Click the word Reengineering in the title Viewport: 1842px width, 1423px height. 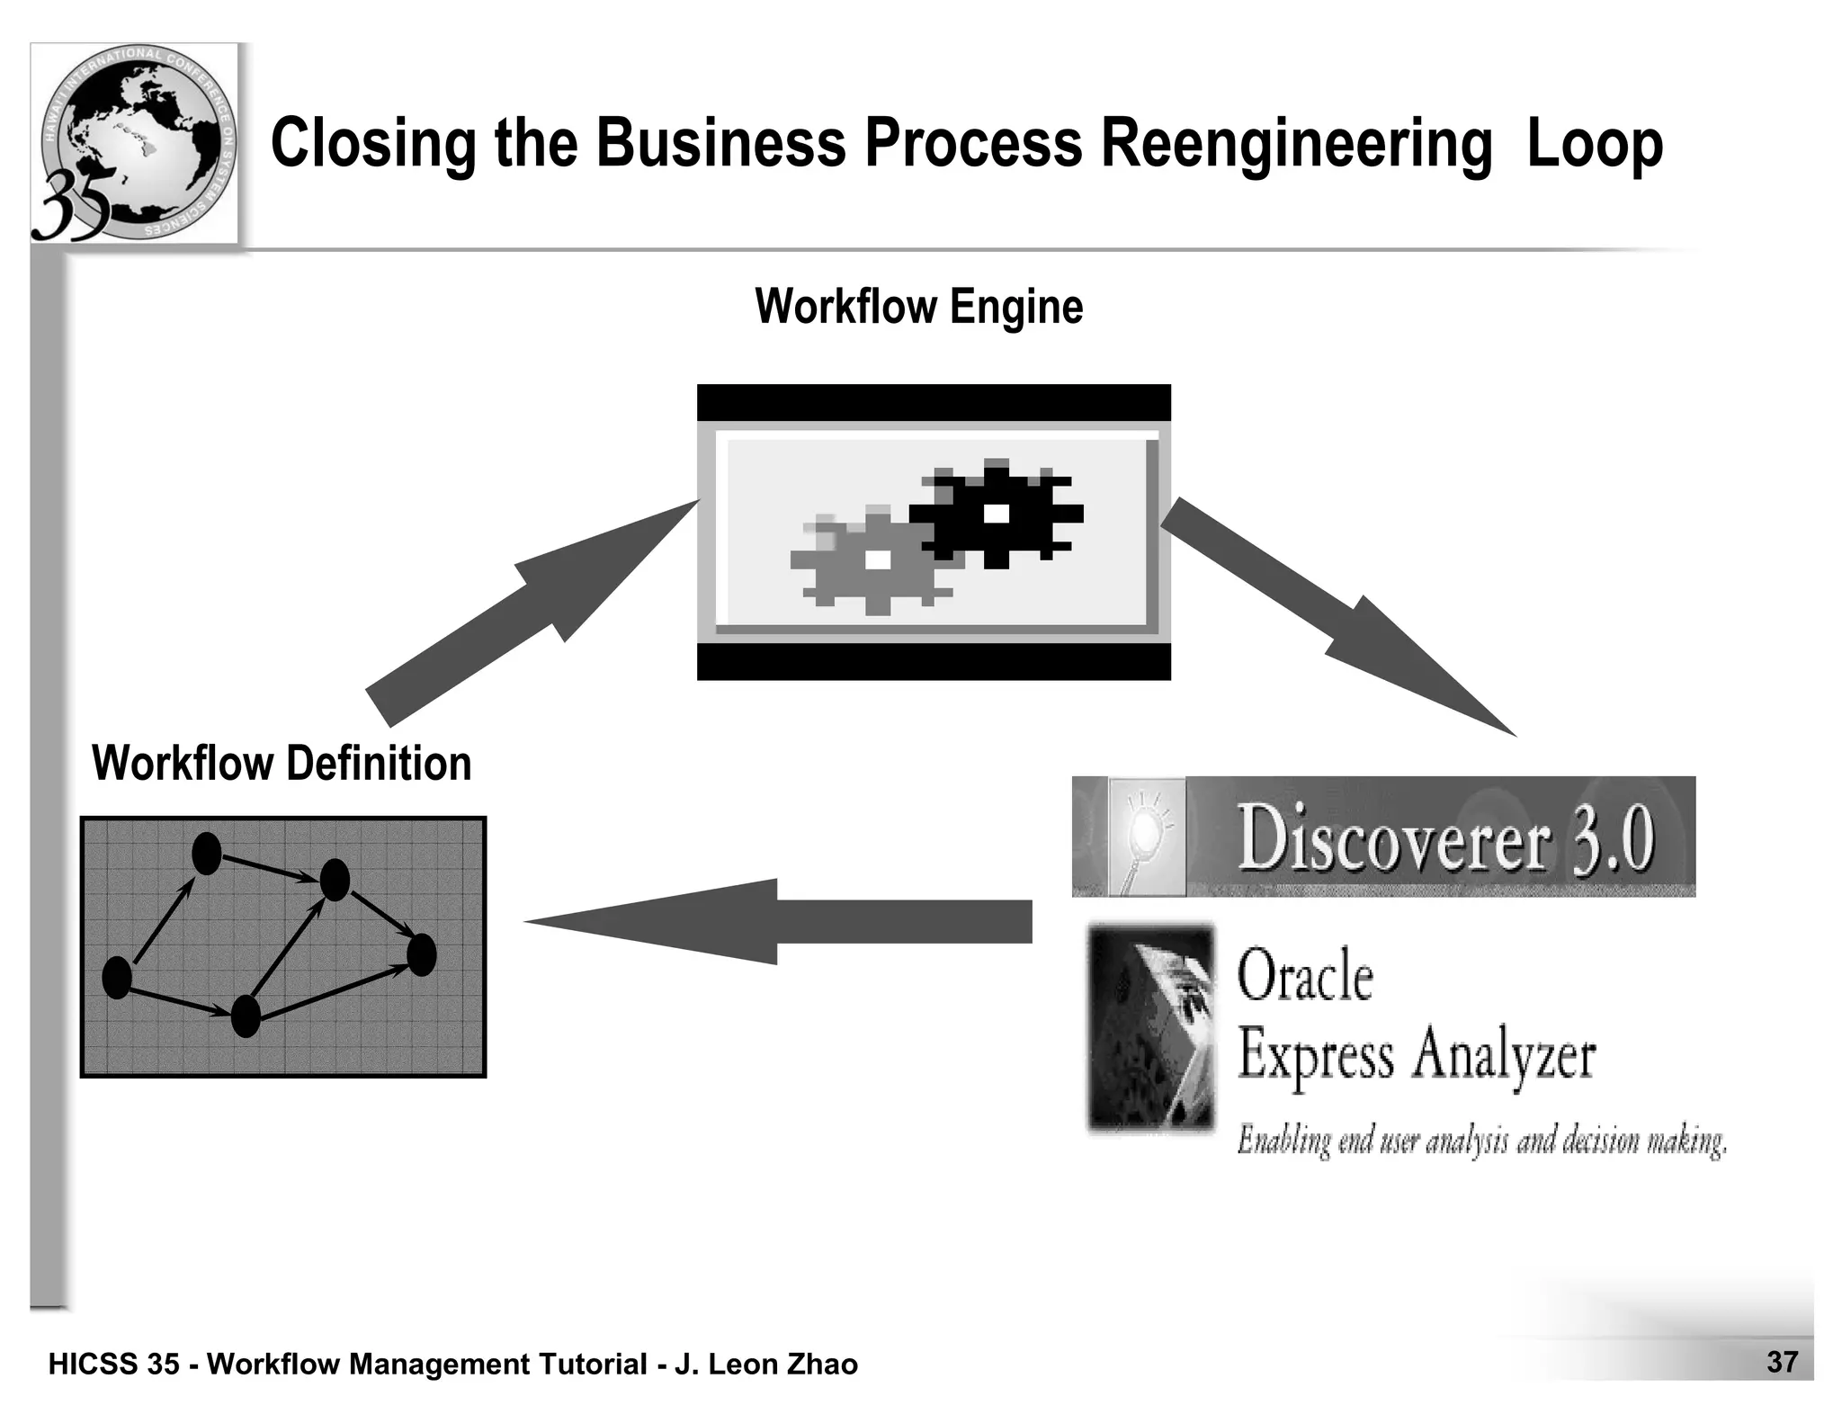(x=1296, y=144)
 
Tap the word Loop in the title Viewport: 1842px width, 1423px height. (x=1595, y=144)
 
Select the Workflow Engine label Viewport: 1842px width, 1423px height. (x=918, y=307)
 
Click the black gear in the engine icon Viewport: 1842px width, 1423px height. (x=997, y=514)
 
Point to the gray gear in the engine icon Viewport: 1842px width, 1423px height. (x=873, y=560)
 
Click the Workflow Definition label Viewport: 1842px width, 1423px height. (x=282, y=764)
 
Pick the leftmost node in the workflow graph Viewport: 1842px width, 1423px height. (x=117, y=978)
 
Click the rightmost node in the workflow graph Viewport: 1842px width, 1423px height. (x=421, y=954)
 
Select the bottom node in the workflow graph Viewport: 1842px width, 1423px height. (x=246, y=1016)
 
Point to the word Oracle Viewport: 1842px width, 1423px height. (x=1305, y=977)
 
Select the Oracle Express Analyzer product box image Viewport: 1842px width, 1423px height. (x=1151, y=1027)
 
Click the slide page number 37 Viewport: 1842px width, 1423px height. (x=1782, y=1362)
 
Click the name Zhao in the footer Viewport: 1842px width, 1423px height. (x=822, y=1365)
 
